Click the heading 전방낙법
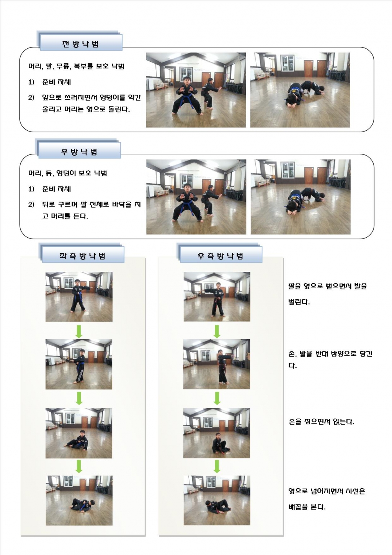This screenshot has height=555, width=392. click(80, 44)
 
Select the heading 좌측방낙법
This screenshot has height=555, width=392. click(82, 256)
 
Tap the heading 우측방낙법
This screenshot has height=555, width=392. click(220, 256)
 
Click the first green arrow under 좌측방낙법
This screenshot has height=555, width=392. click(79, 331)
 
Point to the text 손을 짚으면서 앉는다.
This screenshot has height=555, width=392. click(321, 422)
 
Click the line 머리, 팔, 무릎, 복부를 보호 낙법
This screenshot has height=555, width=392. click(76, 66)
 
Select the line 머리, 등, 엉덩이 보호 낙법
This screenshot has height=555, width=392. click(67, 173)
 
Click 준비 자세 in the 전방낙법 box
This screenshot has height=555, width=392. click(57, 82)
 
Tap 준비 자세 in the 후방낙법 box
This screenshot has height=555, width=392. click(57, 189)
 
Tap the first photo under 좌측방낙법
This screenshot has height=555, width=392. click(79, 297)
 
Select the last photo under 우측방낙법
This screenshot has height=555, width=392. click(217, 500)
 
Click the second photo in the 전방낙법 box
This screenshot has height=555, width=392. click(300, 90)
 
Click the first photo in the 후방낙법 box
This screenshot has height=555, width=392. click(196, 197)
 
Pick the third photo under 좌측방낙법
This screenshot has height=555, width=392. click(79, 433)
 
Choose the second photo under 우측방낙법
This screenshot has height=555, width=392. click(217, 364)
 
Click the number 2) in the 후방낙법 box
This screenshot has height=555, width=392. click(31, 205)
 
